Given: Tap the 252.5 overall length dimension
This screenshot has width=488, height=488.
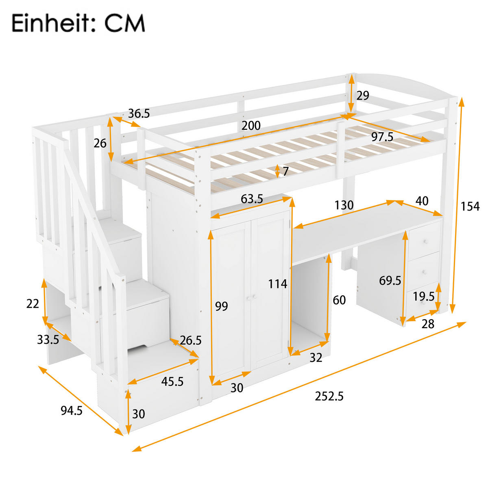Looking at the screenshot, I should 329,396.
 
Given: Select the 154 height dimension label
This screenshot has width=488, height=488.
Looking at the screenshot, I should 470,206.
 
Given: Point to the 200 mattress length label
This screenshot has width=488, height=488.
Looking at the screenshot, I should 251,126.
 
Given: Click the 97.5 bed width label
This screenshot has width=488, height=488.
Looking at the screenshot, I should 382,137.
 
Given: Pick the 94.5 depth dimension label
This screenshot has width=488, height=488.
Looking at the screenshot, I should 72,411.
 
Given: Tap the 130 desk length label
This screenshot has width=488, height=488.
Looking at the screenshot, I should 344,205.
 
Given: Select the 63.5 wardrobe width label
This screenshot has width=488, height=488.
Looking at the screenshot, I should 252,199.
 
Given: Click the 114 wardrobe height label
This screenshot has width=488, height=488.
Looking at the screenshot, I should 277,283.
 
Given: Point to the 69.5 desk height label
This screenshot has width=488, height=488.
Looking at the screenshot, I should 390,280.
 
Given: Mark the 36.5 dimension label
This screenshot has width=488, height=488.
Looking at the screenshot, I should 139,113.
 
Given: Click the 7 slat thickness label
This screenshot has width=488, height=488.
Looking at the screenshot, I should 285,171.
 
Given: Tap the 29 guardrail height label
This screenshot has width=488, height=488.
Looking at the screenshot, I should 363,96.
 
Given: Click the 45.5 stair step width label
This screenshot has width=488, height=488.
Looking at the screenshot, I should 172,381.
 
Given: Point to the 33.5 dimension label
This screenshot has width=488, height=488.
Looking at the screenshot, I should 48,339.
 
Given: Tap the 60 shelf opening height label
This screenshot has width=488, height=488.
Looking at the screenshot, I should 339,300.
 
